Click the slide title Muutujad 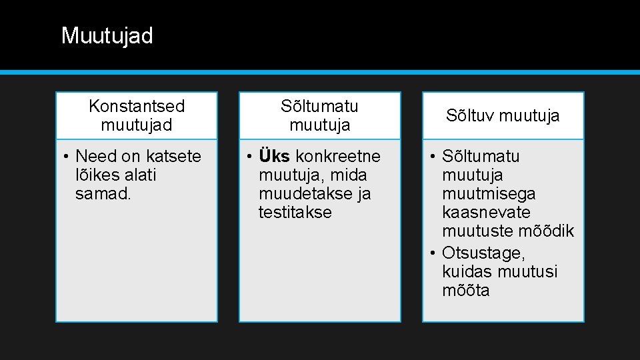pos(107,36)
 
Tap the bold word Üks pos(274,156)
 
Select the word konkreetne pos(338,156)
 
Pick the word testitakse pos(295,212)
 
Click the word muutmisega pos(489,193)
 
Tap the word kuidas pos(465,271)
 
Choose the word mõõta pos(465,290)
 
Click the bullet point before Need pos(66,157)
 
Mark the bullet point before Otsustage pos(433,253)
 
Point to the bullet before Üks pos(249,157)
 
